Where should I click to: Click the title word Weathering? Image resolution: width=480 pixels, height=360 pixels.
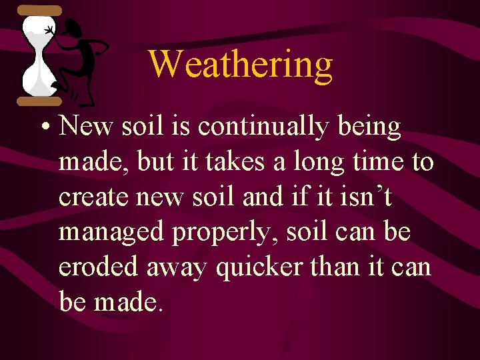pos(240,65)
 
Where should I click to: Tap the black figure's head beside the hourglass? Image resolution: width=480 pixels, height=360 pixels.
pos(75,29)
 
